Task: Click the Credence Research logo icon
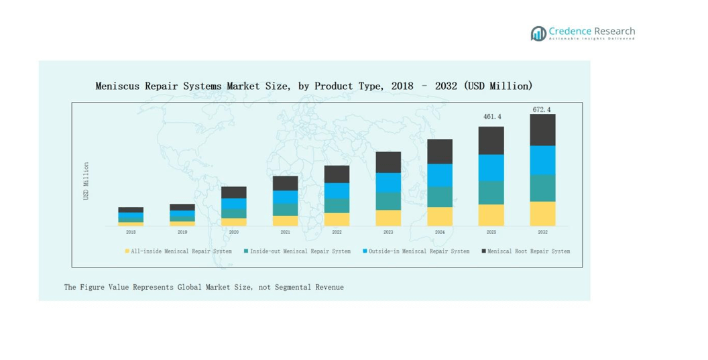point(538,34)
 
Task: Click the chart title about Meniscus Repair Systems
point(314,86)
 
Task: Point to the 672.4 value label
point(542,109)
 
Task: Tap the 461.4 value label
point(491,117)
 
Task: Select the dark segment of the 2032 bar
point(542,129)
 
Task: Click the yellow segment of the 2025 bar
point(491,215)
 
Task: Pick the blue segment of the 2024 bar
point(440,175)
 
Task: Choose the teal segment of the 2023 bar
point(388,201)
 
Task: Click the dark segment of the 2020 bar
point(234,192)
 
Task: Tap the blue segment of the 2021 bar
point(286,197)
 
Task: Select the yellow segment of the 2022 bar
point(337,219)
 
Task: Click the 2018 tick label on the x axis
point(131,232)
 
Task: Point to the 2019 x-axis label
point(182,232)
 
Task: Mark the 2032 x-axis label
point(542,232)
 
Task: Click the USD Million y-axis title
point(86,180)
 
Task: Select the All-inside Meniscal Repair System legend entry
point(178,251)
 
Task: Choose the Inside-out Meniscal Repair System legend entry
point(297,251)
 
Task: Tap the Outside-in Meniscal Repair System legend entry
point(416,251)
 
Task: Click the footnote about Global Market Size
point(204,287)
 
